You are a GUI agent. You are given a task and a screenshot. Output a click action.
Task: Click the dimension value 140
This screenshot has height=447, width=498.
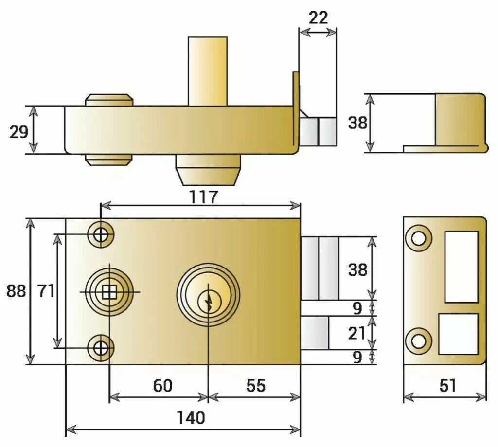pyautogui.click(x=191, y=417)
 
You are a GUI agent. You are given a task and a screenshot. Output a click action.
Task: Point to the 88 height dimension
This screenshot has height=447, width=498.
pyautogui.click(x=16, y=291)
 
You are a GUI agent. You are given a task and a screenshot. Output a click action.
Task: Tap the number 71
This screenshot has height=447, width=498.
pyautogui.click(x=46, y=291)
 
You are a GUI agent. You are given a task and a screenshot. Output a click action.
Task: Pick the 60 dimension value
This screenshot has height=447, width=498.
pyautogui.click(x=162, y=386)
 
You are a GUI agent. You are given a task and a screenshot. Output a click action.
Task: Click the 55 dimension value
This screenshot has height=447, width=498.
pyautogui.click(x=256, y=386)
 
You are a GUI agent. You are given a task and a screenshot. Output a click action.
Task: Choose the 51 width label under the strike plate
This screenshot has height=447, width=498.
pyautogui.click(x=447, y=386)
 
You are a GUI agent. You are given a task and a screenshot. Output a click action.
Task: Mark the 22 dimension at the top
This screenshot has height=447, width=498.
pyautogui.click(x=318, y=18)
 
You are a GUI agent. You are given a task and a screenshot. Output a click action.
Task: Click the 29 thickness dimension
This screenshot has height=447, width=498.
pyautogui.click(x=19, y=131)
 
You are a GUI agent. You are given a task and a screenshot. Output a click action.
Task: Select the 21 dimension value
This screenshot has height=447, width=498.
pyautogui.click(x=357, y=334)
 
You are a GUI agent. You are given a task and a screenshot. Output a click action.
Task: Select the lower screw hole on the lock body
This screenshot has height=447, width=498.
pyautogui.click(x=101, y=348)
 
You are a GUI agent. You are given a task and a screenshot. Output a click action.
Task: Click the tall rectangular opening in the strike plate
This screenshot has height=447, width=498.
pyautogui.click(x=461, y=267)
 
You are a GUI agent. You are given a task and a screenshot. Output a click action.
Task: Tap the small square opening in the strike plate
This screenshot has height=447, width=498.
pyautogui.click(x=458, y=334)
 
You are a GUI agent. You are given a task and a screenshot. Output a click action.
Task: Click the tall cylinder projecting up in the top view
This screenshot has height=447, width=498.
pyautogui.click(x=208, y=71)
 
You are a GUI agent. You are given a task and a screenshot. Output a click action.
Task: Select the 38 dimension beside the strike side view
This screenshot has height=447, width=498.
pyautogui.click(x=357, y=124)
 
